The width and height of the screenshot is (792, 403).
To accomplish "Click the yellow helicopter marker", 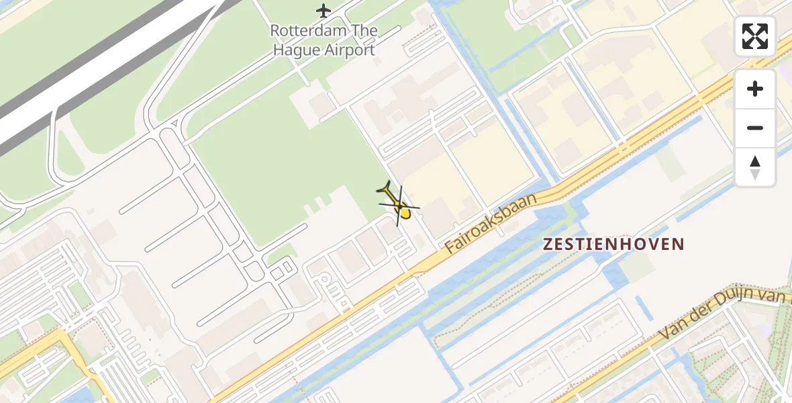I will pyautogui.click(x=399, y=204).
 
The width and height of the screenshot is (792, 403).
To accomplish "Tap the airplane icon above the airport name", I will pyautogui.click(x=324, y=11).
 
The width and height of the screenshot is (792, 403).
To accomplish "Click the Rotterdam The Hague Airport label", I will pyautogui.click(x=324, y=40).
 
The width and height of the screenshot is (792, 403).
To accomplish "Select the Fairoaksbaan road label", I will pyautogui.click(x=492, y=223).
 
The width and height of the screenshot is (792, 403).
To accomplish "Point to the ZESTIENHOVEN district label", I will pyautogui.click(x=613, y=244).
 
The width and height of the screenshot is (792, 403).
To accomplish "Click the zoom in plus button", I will pyautogui.click(x=755, y=89).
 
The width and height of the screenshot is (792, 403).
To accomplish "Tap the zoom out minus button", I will pyautogui.click(x=755, y=128).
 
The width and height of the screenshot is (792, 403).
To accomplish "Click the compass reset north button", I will pyautogui.click(x=755, y=167).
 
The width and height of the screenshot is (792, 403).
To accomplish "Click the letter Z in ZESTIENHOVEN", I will pyautogui.click(x=548, y=244).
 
